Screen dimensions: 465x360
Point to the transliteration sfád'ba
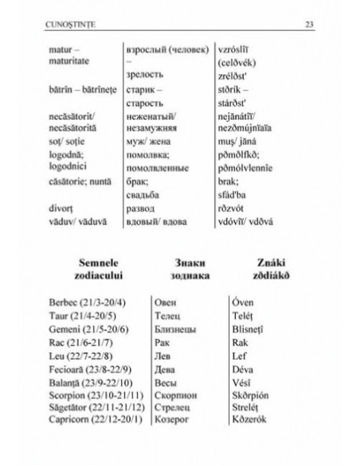[233, 193]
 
